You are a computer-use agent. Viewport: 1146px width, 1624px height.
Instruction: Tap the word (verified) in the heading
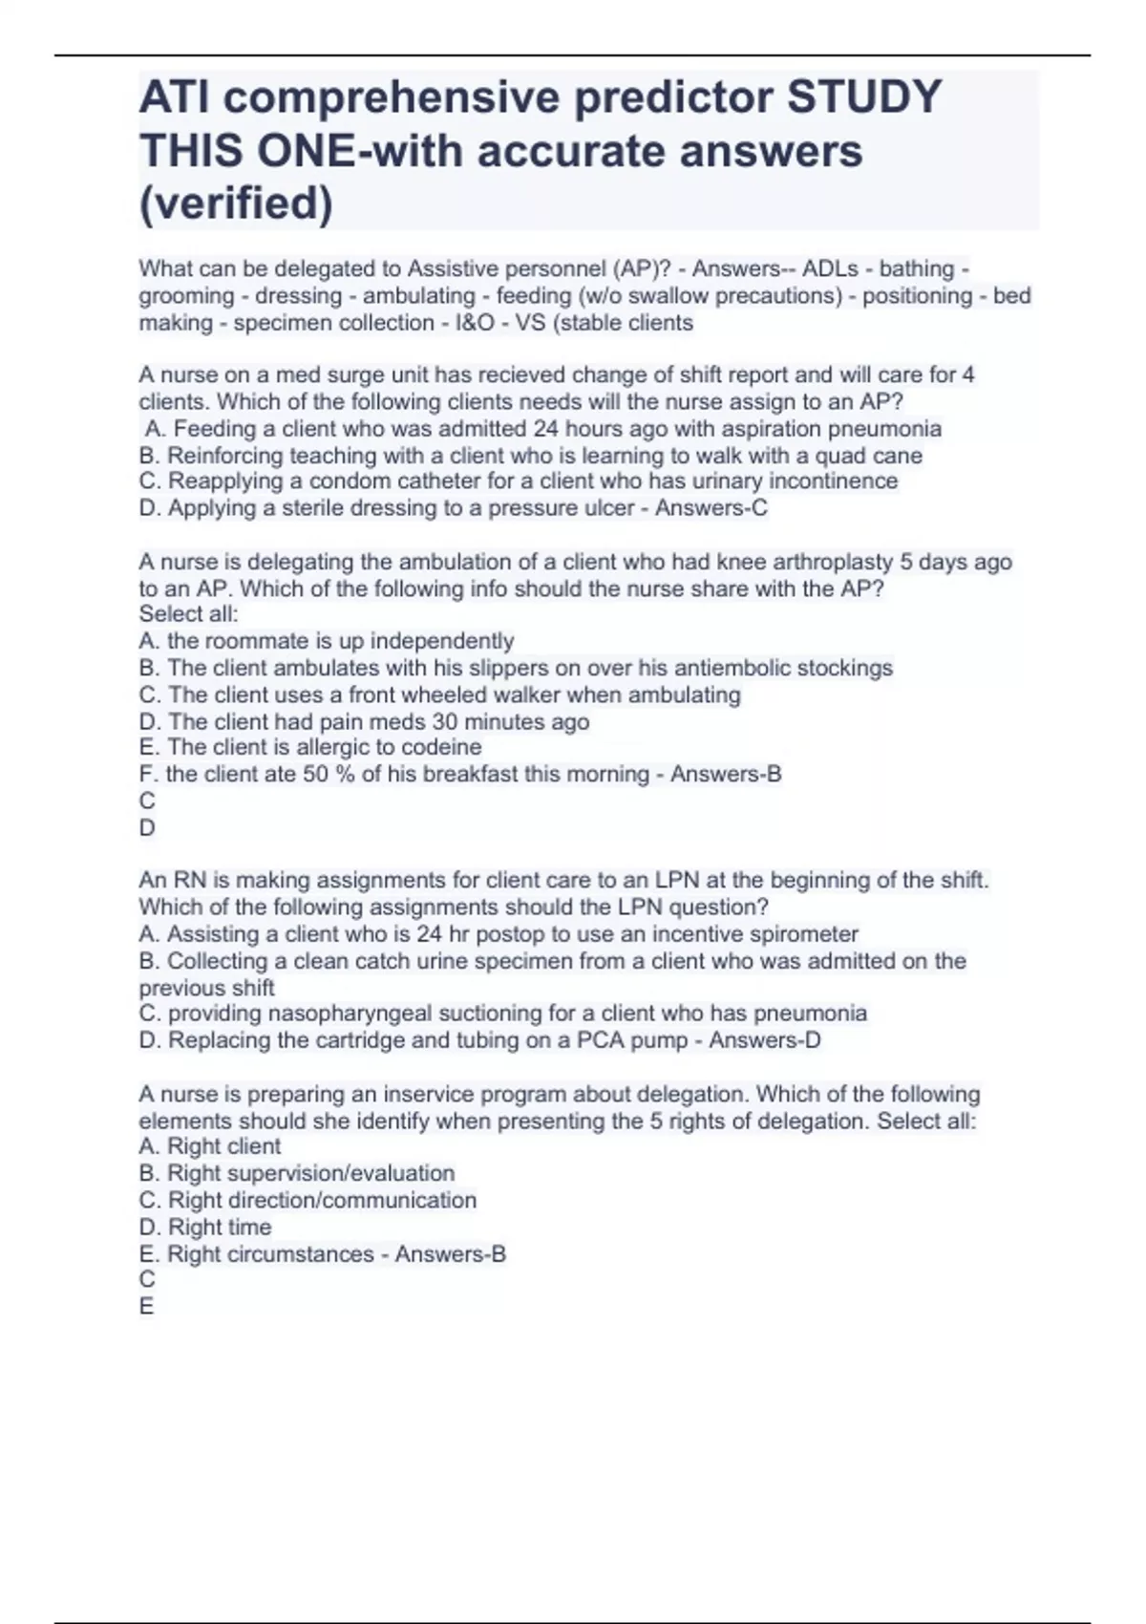tap(236, 203)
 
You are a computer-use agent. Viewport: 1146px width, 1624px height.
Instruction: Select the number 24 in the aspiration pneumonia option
tap(545, 429)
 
